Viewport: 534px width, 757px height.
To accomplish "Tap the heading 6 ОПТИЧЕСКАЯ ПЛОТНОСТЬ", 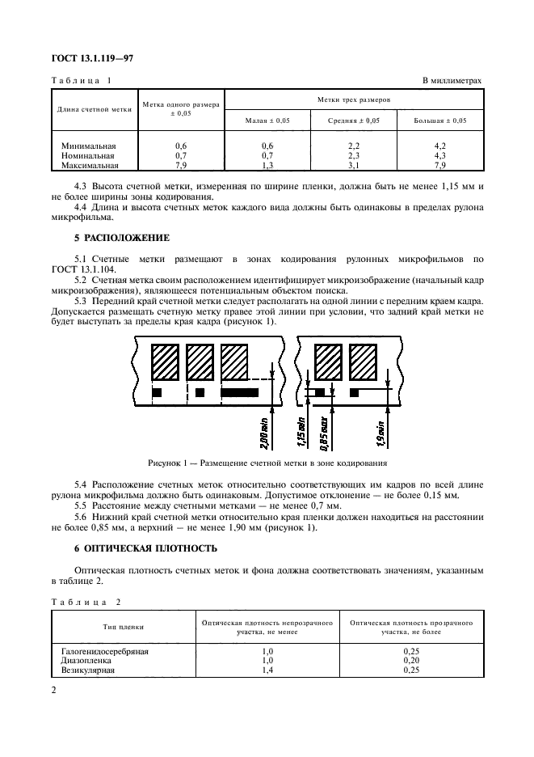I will [x=145, y=548].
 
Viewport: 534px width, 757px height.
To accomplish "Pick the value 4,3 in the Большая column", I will [x=439, y=155].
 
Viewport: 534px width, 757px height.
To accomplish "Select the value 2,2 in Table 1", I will [x=354, y=146].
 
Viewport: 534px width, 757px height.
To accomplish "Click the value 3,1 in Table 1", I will [x=354, y=165].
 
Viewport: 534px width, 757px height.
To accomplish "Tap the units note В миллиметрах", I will [x=452, y=81].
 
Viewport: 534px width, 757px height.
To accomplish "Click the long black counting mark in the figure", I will [x=240, y=392].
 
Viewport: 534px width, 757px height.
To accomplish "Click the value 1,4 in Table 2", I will [x=267, y=670].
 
